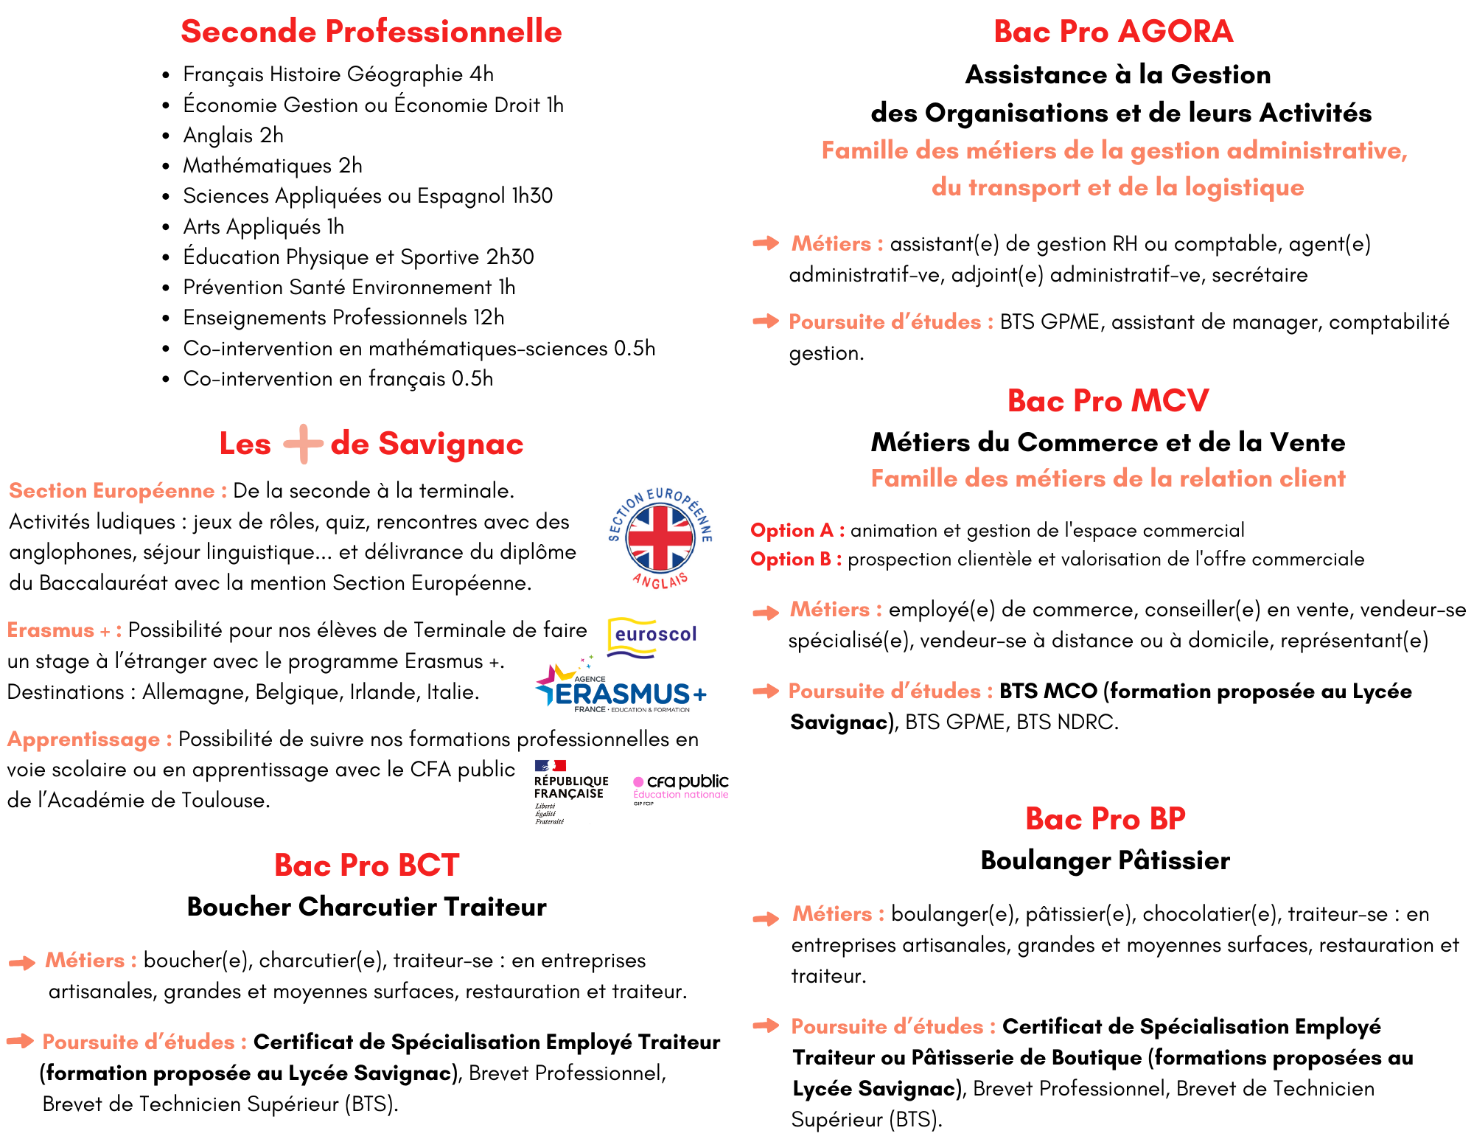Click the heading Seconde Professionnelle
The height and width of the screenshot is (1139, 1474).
point(371,32)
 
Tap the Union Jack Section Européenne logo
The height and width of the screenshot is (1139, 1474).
point(660,538)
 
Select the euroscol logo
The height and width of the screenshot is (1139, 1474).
point(653,636)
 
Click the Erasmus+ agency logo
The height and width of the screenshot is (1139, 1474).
point(621,690)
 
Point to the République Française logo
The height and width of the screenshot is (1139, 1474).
point(570,791)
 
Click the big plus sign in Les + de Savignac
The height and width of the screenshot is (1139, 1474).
point(303,444)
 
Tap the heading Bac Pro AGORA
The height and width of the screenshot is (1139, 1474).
point(1113,32)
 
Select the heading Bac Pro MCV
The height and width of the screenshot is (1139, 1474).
point(1108,401)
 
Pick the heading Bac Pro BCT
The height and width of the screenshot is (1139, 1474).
point(366,865)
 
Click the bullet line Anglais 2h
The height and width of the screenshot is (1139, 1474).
point(233,136)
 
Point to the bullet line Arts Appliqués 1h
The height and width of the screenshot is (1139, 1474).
point(263,227)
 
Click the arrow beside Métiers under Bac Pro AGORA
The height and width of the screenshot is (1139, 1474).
point(766,243)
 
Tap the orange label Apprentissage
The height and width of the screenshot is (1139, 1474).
point(89,739)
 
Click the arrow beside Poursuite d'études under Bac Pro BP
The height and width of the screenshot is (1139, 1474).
point(766,1025)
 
